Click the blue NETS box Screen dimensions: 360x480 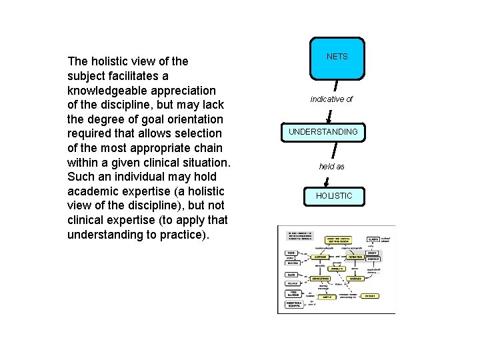[337, 57]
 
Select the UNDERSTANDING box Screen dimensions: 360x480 [323, 132]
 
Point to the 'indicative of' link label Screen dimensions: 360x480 [331, 99]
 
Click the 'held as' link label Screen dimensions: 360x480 [331, 167]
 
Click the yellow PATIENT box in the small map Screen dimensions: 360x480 [369, 295]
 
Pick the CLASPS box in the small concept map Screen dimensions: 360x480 [373, 239]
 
